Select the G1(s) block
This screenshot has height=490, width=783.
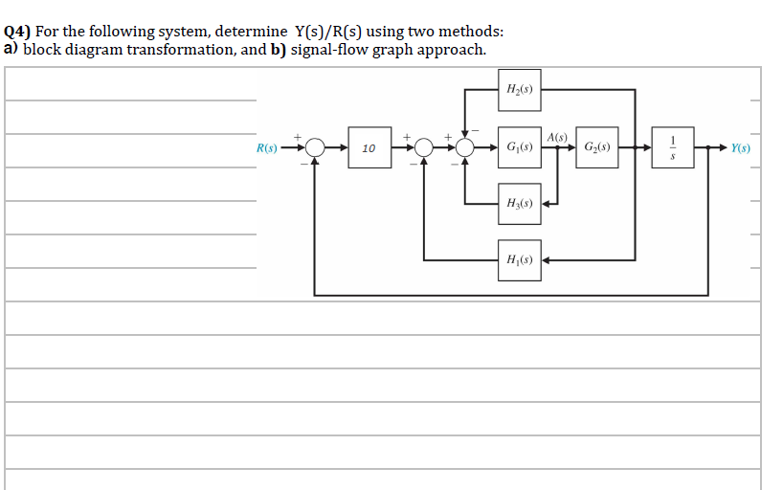519,148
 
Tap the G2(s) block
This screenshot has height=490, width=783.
596,148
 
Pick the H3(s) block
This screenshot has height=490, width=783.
519,203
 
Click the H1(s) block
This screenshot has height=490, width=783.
519,259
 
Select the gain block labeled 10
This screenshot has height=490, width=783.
369,148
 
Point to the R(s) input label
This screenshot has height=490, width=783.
267,148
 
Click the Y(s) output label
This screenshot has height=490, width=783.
740,148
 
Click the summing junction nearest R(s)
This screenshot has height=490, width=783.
315,148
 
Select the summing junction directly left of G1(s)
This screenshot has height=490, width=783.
465,148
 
